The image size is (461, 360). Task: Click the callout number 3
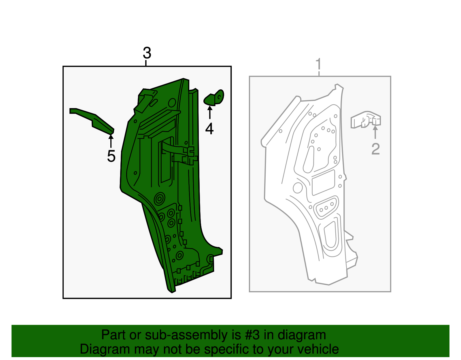tap(147, 53)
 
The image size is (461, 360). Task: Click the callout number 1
tap(319, 64)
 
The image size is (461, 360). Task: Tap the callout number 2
tap(375, 149)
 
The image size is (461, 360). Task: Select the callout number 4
tap(209, 129)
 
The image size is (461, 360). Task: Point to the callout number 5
tap(111, 156)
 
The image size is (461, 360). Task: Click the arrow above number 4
tap(210, 112)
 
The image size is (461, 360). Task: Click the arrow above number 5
tap(111, 141)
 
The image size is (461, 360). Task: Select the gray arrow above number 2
tap(375, 132)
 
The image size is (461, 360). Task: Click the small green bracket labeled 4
tap(214, 98)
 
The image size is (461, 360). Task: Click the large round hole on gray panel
tap(297, 188)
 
